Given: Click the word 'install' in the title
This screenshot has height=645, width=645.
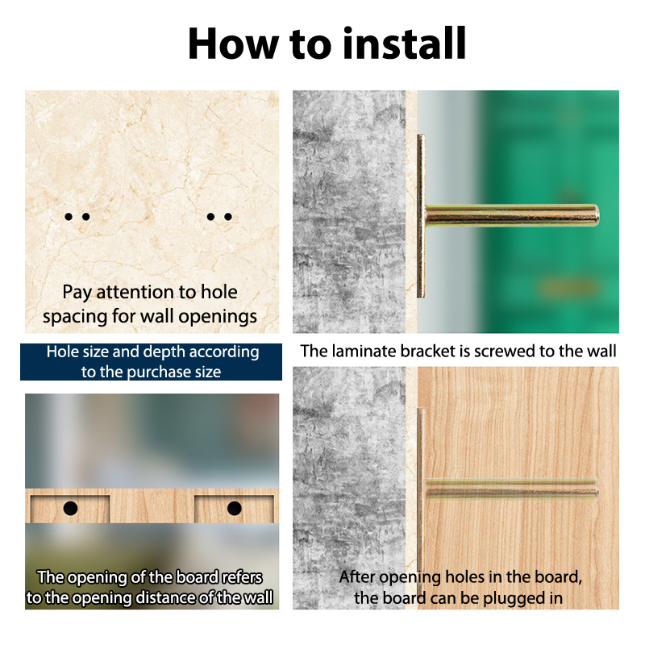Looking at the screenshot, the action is click(x=405, y=44).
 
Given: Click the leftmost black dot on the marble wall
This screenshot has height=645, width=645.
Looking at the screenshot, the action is click(x=69, y=216).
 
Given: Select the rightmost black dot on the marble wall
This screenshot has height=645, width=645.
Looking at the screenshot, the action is click(x=228, y=216).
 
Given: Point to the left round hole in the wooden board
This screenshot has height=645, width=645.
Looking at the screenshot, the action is click(x=70, y=509).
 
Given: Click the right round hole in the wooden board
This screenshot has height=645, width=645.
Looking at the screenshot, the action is click(x=234, y=509).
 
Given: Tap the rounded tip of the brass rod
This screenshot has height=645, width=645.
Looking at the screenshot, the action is click(x=596, y=215).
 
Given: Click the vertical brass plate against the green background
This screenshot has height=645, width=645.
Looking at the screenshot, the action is click(x=421, y=216).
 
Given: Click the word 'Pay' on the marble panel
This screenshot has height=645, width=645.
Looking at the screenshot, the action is click(x=77, y=293).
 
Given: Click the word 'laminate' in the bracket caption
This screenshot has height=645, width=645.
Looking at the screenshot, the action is click(x=364, y=351).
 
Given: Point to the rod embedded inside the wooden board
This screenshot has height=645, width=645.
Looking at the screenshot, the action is click(x=512, y=489).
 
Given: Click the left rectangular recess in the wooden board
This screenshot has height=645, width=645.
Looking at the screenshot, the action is click(x=70, y=509).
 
